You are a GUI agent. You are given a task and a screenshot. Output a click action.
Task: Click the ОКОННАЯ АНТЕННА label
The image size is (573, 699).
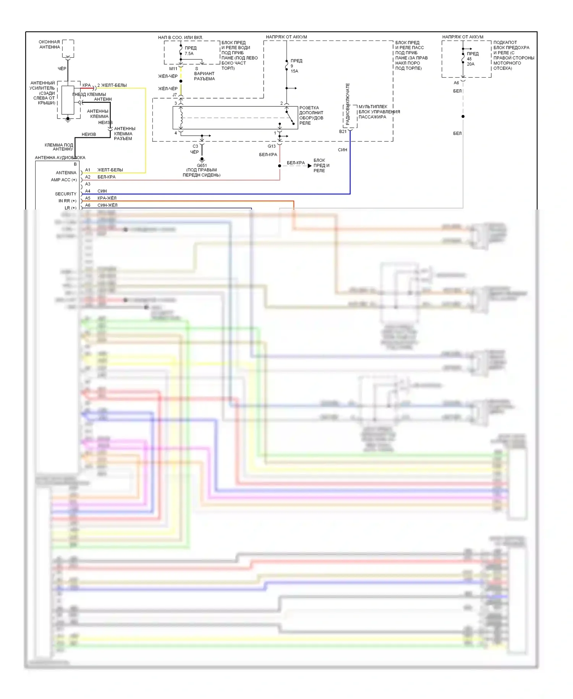point(49,44)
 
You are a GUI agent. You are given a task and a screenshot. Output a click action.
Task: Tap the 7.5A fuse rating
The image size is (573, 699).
point(189,54)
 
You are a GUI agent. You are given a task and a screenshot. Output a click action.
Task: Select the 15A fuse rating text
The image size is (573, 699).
point(294,71)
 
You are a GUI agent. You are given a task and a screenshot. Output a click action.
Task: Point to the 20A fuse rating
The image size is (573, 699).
point(470,64)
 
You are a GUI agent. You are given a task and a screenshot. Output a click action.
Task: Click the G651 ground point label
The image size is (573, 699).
point(202,166)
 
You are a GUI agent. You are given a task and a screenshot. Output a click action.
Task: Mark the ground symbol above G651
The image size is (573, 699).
point(202,159)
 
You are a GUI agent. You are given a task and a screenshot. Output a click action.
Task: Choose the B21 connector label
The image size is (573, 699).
point(343,132)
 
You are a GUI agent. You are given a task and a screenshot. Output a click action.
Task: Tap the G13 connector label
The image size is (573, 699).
point(271,146)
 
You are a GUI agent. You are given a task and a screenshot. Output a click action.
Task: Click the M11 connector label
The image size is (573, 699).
point(173,69)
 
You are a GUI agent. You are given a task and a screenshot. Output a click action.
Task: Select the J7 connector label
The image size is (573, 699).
point(175,95)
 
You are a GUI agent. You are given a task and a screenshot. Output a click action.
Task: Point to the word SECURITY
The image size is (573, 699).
point(65,194)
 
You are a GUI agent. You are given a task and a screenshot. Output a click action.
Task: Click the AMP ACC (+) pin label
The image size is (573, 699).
point(63,180)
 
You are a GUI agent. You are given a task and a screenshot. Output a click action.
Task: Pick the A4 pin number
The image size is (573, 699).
point(88,191)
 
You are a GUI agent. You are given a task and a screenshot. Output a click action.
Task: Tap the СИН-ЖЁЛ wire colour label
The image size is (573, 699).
point(107,205)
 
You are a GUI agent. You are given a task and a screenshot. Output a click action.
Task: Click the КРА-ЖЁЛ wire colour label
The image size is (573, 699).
point(107,198)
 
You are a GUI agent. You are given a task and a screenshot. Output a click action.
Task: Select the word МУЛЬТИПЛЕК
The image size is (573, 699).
point(373,107)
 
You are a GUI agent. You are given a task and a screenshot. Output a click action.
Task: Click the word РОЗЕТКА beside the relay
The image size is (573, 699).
point(309,108)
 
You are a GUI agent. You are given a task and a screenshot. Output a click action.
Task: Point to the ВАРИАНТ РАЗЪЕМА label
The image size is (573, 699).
point(204,76)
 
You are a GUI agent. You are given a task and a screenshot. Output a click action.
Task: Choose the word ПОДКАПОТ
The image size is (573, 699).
point(505,42)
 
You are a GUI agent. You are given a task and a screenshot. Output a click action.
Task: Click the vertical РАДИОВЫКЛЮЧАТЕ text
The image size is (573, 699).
point(348,104)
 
